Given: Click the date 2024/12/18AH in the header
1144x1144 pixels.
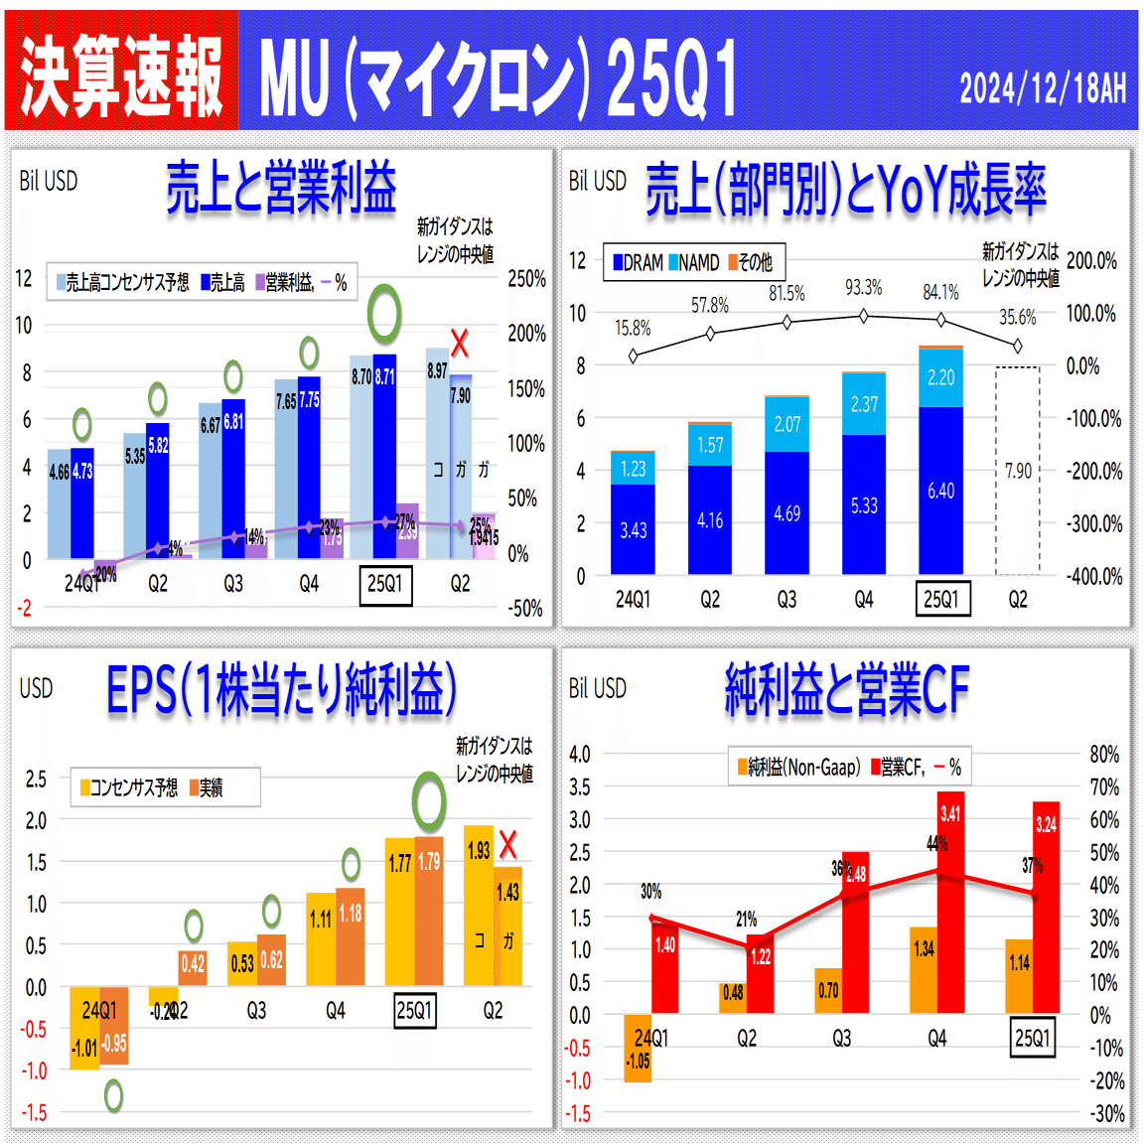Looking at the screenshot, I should click(1042, 88).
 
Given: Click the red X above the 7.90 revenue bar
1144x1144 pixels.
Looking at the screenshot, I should click(459, 345).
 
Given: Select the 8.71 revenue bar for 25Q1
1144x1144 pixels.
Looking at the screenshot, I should click(384, 457).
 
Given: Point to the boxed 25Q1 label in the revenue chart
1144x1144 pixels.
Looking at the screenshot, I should click(384, 584).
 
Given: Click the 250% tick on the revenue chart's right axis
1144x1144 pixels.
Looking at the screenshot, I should click(526, 279).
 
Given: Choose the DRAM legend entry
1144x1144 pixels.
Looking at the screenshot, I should click(638, 262).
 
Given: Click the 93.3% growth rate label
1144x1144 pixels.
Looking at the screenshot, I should click(863, 287).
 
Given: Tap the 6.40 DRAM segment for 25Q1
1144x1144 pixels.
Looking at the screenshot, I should click(940, 491).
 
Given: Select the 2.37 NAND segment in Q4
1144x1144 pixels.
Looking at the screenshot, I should click(864, 404).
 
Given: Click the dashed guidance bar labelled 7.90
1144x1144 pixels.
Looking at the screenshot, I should click(1018, 471).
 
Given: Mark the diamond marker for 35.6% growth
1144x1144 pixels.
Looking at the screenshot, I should click(1017, 347).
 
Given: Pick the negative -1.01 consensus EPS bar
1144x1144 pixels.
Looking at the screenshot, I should click(84, 1028).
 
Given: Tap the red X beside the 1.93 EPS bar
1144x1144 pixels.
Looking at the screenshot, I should click(508, 845).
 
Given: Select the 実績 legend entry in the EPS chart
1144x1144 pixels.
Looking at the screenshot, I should click(206, 787).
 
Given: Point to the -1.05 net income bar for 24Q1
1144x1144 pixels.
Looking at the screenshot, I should click(638, 1048).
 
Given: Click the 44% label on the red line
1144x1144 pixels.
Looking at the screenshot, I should click(936, 844).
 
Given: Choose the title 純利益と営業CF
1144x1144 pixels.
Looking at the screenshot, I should click(846, 689).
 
